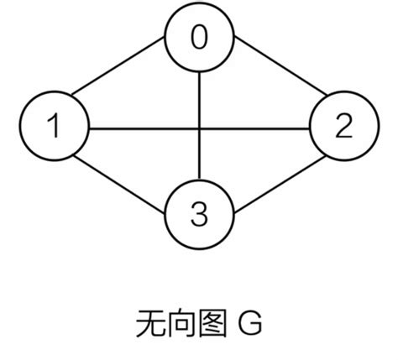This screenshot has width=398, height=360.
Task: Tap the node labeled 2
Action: tap(343, 128)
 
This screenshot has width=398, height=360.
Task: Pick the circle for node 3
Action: tap(199, 217)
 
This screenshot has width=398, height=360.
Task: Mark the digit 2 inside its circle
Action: tap(343, 128)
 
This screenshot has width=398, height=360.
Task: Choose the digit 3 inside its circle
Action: tap(199, 217)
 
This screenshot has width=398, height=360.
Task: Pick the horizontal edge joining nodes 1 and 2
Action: tap(143, 128)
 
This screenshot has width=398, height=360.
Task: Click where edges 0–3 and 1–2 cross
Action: tap(199, 128)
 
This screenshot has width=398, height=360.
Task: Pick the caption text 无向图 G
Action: tap(199, 322)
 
